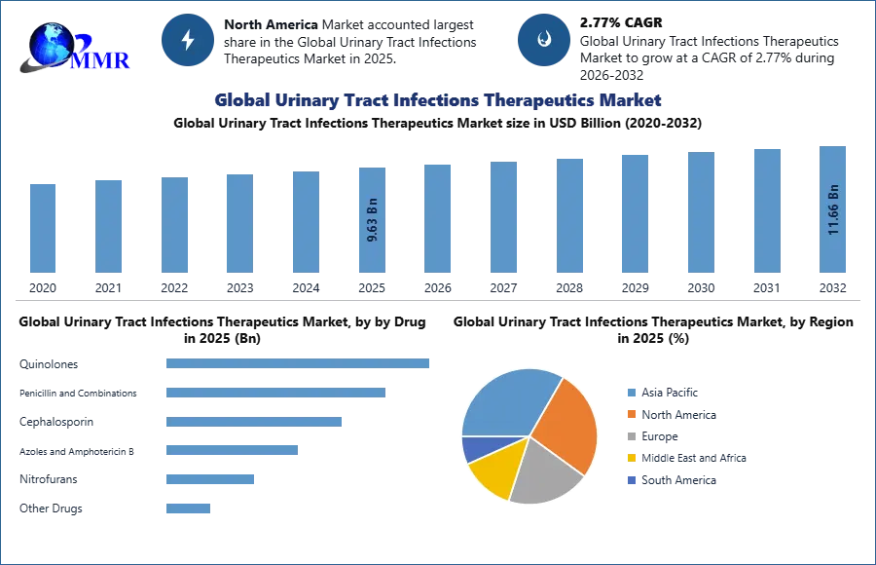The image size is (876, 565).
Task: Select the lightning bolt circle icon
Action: tap(188, 40)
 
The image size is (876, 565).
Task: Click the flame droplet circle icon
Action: tap(544, 40)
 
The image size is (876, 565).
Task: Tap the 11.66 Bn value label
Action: tap(833, 209)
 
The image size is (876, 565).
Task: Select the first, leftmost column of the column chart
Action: tap(42, 226)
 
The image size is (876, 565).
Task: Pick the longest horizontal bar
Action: tap(299, 365)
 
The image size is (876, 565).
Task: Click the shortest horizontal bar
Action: tap(187, 507)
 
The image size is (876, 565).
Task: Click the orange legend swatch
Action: tap(632, 414)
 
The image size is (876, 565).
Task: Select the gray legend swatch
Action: tap(632, 436)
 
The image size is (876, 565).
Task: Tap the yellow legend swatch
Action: tap(632, 459)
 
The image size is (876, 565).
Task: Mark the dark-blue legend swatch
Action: tap(632, 481)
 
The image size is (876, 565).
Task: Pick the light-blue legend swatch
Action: tap(632, 391)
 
